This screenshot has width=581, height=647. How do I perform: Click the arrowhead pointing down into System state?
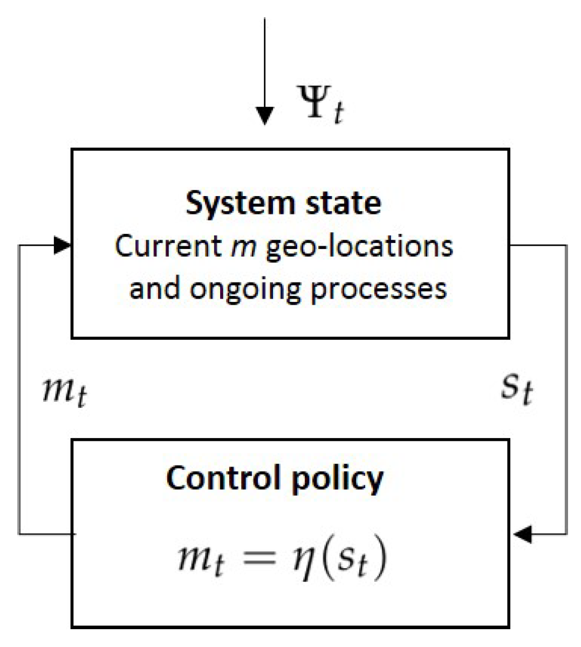coord(264,116)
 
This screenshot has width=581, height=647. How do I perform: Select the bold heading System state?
coord(283,203)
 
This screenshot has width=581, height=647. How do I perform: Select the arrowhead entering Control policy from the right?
coord(523,535)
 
